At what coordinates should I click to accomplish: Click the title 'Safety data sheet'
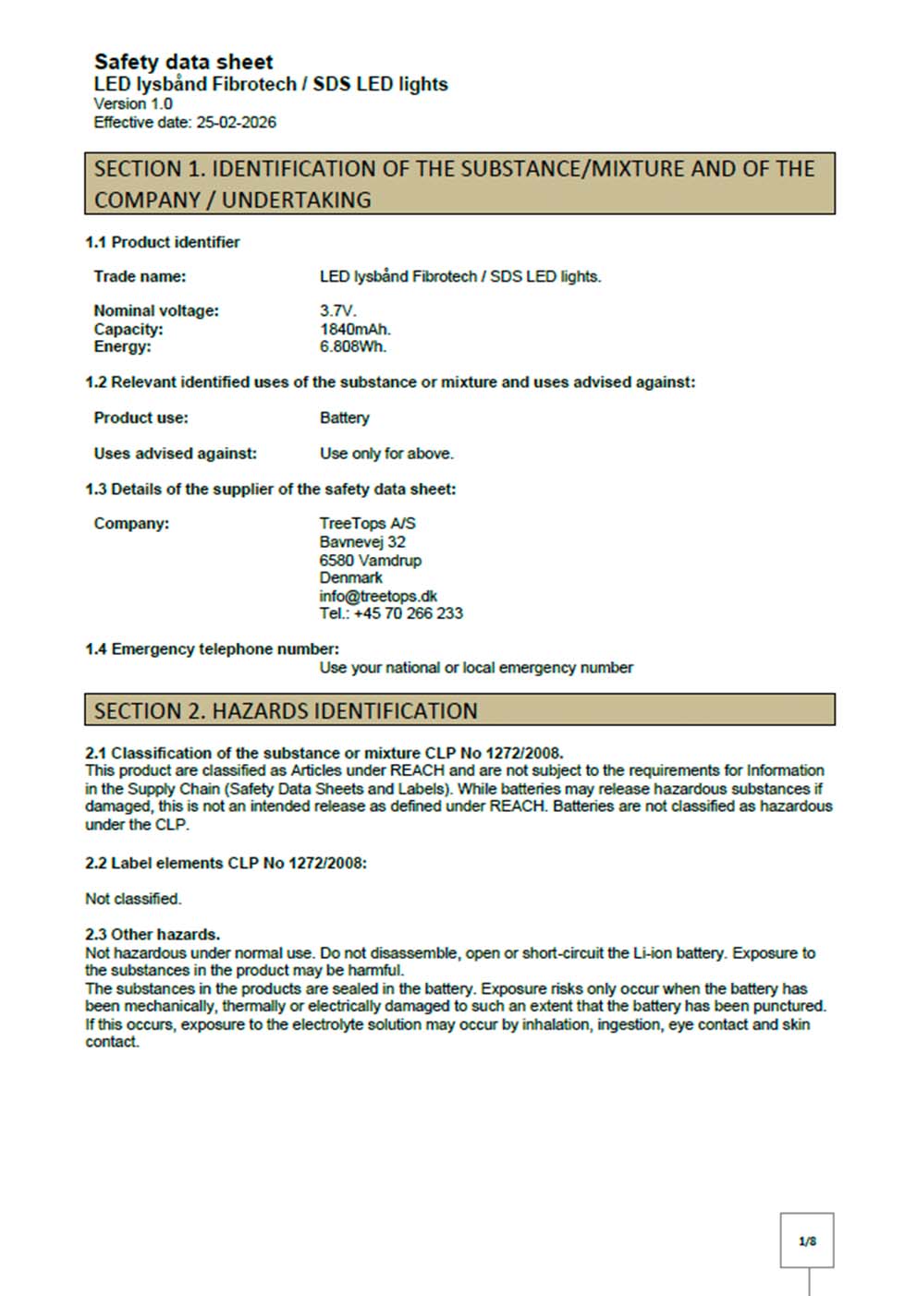[183, 62]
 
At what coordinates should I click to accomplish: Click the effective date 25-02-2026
[236, 123]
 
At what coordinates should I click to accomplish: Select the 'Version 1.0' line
[133, 103]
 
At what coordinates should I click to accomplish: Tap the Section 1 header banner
[459, 184]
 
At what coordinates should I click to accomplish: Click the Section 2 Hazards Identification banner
[459, 710]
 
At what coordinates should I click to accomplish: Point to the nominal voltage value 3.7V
[337, 311]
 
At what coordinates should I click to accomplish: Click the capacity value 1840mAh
[355, 329]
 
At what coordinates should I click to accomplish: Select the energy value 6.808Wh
[353, 346]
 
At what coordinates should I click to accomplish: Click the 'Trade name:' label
[140, 276]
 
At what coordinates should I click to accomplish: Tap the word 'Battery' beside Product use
[344, 418]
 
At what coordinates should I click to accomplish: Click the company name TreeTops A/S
[367, 524]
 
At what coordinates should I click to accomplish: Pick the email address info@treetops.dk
[378, 596]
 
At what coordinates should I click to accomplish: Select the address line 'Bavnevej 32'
[362, 542]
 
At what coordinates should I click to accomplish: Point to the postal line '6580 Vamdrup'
[370, 560]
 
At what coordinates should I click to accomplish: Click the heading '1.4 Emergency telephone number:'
[212, 649]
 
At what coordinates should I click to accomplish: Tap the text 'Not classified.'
[133, 899]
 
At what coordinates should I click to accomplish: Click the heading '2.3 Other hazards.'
[153, 934]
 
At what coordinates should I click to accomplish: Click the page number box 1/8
[807, 1241]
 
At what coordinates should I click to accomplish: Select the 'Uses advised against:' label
[175, 454]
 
